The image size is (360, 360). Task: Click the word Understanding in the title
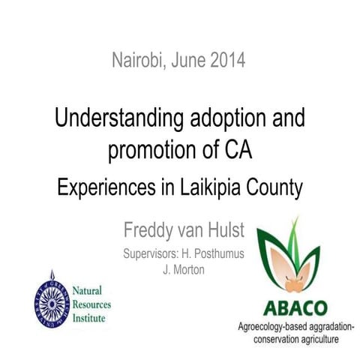pyautogui.click(x=108, y=118)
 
